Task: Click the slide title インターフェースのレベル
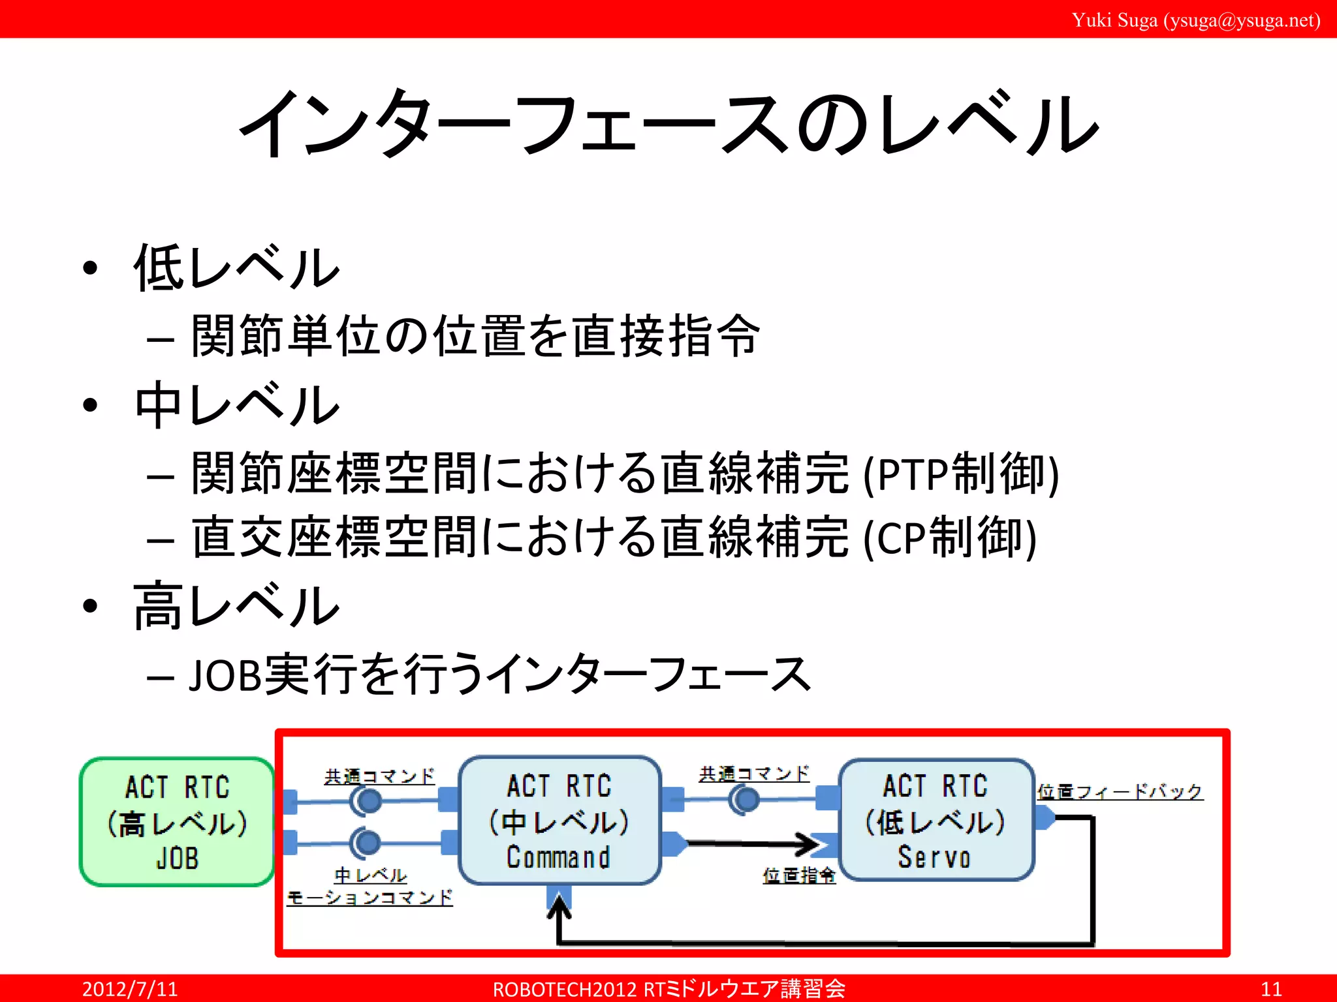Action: pos(668,124)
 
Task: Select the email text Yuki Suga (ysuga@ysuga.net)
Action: pos(1195,20)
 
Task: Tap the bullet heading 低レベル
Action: pos(236,267)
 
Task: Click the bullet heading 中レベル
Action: pos(236,404)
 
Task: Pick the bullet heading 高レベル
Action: pos(236,607)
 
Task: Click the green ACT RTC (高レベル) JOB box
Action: pos(177,822)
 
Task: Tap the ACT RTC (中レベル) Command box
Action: pos(559,821)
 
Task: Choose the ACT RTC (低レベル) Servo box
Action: pos(936,820)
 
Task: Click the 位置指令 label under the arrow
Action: pos(798,875)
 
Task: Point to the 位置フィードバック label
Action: pos(1120,791)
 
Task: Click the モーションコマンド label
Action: pos(370,898)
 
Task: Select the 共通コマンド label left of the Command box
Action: pos(379,776)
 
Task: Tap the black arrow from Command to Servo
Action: pos(751,843)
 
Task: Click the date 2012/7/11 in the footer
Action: pos(130,989)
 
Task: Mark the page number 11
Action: pos(1270,989)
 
